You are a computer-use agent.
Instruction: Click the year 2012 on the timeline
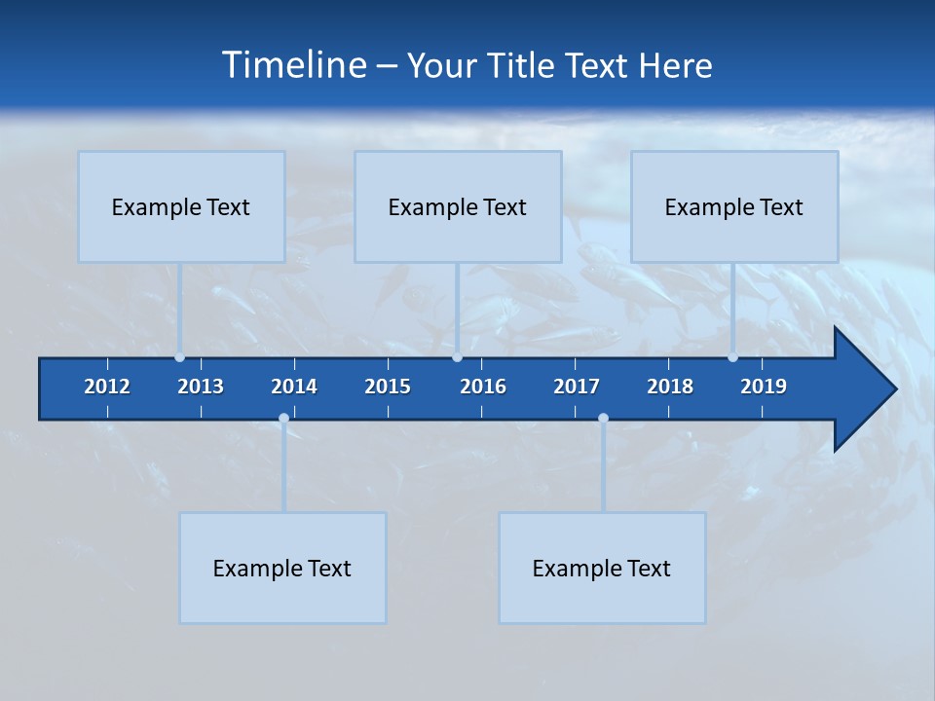(107, 387)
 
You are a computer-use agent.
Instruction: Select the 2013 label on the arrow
(201, 387)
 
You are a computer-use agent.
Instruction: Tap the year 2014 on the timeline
(294, 387)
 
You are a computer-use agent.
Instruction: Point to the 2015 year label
(388, 387)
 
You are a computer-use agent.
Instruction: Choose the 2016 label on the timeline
(483, 387)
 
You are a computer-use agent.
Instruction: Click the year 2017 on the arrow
(577, 387)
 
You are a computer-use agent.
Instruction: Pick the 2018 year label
(670, 387)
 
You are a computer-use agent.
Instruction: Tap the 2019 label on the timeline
(764, 387)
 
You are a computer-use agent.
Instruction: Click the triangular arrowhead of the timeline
(863, 388)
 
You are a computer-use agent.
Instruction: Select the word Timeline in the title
(293, 65)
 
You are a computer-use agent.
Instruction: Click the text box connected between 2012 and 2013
(181, 206)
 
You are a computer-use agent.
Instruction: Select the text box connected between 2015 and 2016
(458, 206)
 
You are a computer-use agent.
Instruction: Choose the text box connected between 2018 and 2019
(734, 206)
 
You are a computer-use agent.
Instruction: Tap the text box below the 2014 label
(282, 568)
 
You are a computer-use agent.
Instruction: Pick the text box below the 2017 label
(602, 568)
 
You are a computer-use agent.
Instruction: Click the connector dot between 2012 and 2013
(180, 357)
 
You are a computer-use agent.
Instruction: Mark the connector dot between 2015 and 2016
(457, 357)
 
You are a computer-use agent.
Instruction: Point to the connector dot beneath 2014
(283, 419)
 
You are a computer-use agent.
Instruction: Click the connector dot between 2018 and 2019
(733, 357)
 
